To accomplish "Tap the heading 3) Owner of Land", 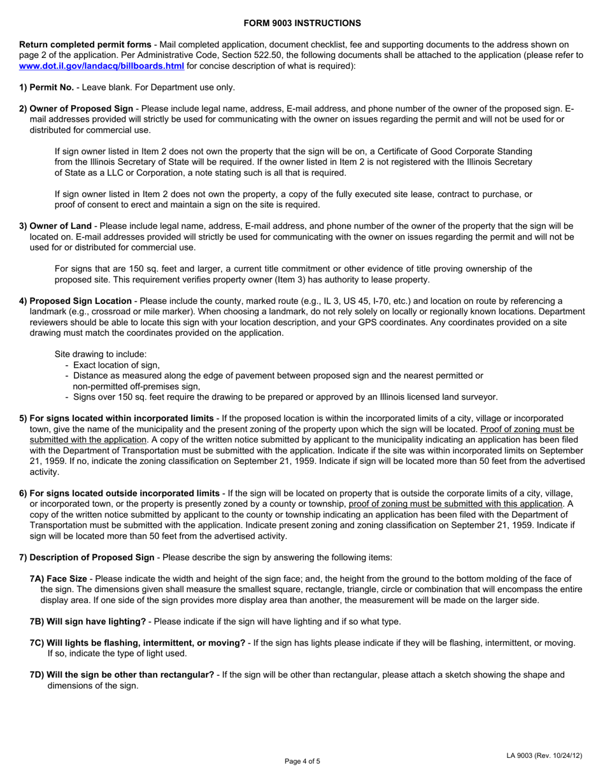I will (55, 226).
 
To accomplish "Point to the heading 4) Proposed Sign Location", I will (76, 301).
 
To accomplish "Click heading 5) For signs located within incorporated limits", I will (117, 418).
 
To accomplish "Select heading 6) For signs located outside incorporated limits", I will (119, 493).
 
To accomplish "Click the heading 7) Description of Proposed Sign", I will (87, 557).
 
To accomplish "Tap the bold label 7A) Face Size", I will (59, 578).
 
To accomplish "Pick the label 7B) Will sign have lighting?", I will (88, 621).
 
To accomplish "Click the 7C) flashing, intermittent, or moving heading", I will (138, 642).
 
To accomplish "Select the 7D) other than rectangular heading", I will (122, 675).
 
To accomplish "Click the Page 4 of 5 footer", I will (302, 761).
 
